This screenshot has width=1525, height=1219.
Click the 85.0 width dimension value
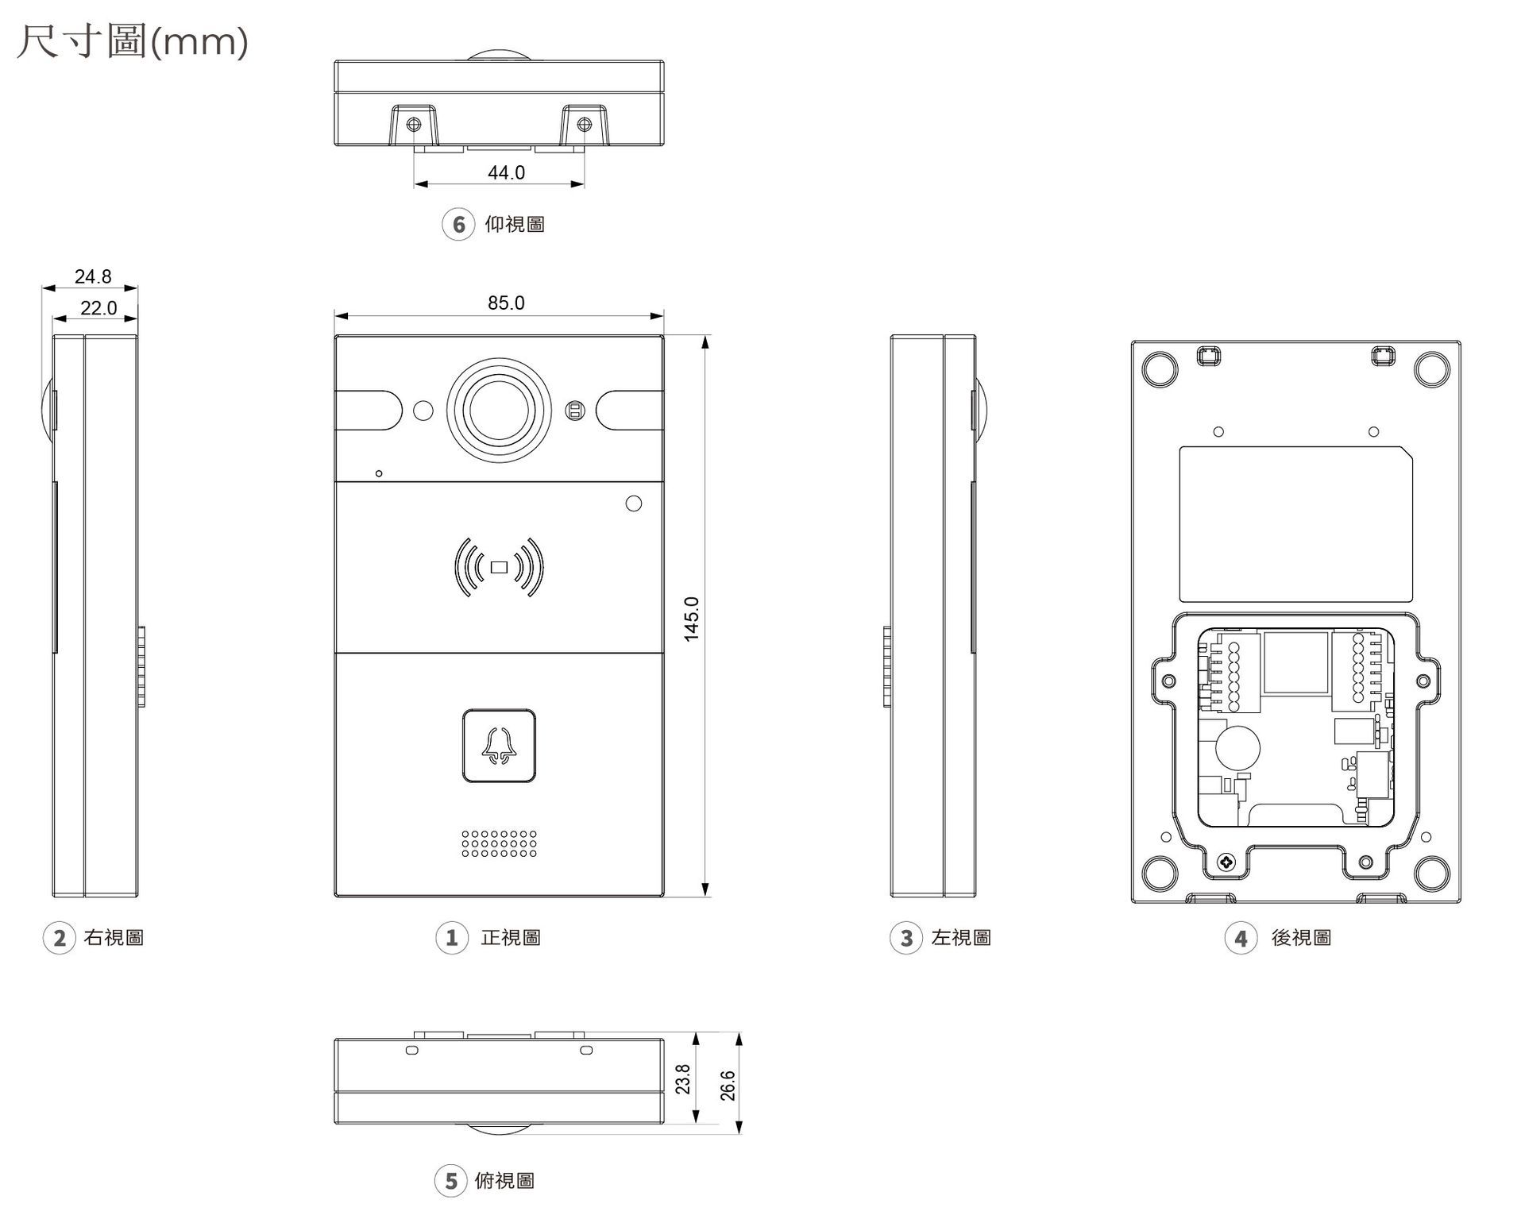[x=506, y=303]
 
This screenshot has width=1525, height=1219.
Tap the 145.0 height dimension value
[x=692, y=619]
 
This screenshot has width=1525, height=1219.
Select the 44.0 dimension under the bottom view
[x=506, y=172]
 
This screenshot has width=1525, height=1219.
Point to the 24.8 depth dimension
[x=93, y=276]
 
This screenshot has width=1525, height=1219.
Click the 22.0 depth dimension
[x=98, y=308]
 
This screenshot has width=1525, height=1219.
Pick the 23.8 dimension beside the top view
[x=683, y=1079]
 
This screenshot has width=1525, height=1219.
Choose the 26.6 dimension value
[x=728, y=1086]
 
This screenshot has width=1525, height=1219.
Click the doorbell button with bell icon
[x=499, y=746]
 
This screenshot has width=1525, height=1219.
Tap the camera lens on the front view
[x=499, y=411]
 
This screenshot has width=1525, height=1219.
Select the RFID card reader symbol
[x=499, y=567]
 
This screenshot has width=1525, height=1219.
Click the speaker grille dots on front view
[x=499, y=844]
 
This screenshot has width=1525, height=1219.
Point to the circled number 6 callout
[x=458, y=225]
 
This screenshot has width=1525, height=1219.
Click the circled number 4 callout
[x=1241, y=938]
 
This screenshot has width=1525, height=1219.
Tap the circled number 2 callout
[x=59, y=938]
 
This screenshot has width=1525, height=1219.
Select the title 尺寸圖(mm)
[x=132, y=41]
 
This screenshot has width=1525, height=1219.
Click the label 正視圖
[x=511, y=938]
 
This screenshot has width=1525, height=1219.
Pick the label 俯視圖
[x=504, y=1181]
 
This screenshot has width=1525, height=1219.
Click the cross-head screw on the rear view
[x=1226, y=862]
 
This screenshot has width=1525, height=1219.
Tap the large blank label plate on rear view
[x=1296, y=524]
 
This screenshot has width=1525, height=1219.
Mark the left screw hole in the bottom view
[x=414, y=125]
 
